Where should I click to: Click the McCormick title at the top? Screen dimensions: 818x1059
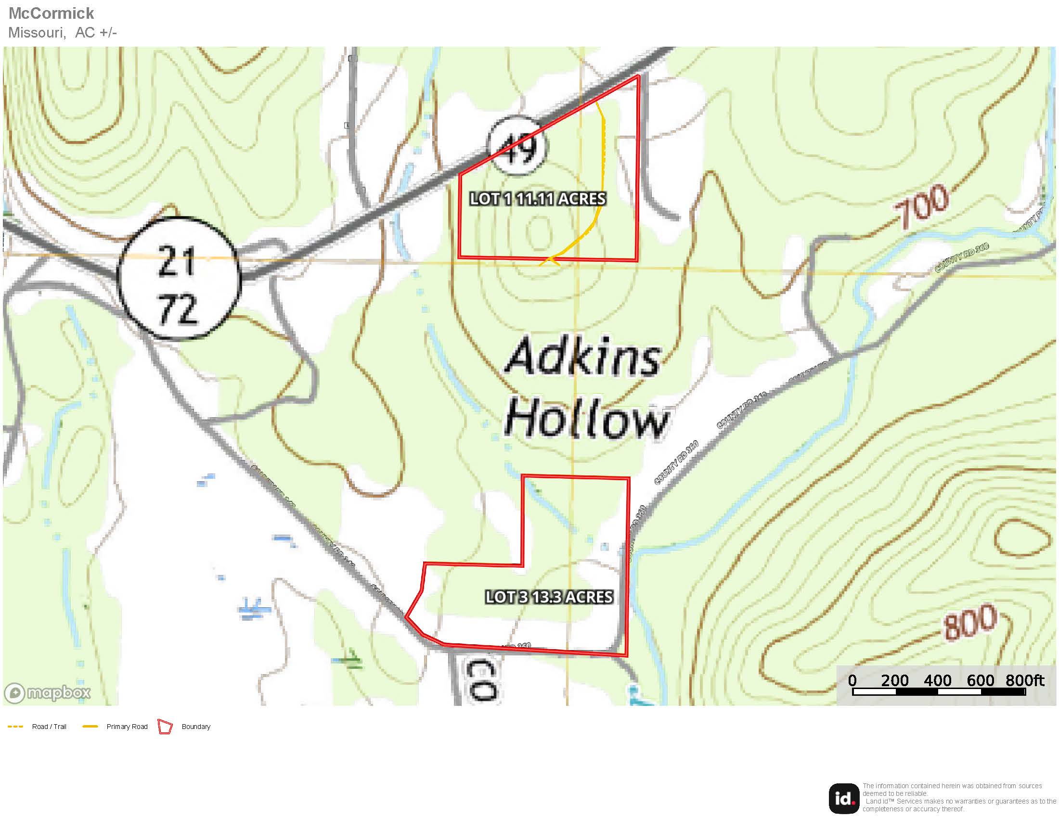coord(52,13)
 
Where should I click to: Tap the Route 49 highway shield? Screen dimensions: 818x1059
coord(517,146)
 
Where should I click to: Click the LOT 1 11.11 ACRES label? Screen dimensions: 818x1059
coord(538,199)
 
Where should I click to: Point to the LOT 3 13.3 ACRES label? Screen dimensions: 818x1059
coord(549,597)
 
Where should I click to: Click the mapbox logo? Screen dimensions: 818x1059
coord(48,692)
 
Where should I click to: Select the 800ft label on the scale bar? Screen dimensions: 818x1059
coord(1024,680)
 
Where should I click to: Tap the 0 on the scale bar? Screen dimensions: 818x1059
coord(852,680)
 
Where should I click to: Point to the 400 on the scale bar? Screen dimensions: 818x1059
coord(937,680)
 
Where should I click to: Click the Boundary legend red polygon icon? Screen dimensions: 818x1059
coord(165,727)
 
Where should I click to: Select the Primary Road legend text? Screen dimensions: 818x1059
coord(127,727)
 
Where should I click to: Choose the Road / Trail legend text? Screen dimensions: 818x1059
coord(49,727)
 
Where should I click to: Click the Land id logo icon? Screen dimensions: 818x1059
coord(844,799)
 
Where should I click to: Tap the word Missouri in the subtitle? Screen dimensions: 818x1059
coord(37,32)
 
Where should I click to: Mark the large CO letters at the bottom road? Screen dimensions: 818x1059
coord(481,679)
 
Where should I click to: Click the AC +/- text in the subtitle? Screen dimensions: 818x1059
coord(96,32)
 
